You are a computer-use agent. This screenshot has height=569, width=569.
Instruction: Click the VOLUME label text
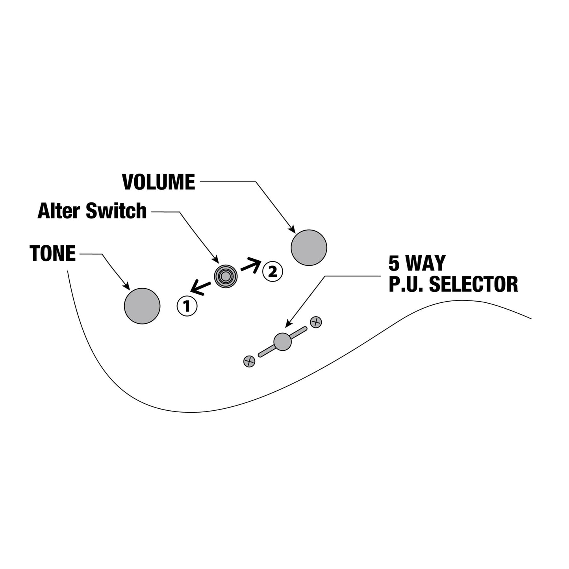pyautogui.click(x=159, y=182)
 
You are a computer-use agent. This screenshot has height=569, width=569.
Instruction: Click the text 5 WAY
pyautogui.click(x=417, y=263)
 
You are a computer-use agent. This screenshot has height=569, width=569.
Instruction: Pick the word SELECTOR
pyautogui.click(x=473, y=284)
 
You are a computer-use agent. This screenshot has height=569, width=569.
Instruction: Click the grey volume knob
pyautogui.click(x=309, y=248)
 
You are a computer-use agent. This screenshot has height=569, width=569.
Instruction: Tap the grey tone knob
pyautogui.click(x=142, y=306)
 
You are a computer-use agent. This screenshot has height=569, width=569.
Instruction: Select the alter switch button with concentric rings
pyautogui.click(x=226, y=276)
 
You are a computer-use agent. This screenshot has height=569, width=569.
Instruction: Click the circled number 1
pyautogui.click(x=187, y=306)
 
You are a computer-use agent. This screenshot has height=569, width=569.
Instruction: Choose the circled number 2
pyautogui.click(x=272, y=271)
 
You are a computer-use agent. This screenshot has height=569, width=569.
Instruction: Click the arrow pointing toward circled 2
pyautogui.click(x=251, y=265)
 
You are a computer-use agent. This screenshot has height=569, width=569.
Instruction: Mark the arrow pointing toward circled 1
pyautogui.click(x=201, y=289)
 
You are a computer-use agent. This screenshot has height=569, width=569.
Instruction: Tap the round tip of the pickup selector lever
pyautogui.click(x=283, y=342)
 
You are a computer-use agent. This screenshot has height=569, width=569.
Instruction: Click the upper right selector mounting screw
pyautogui.click(x=316, y=322)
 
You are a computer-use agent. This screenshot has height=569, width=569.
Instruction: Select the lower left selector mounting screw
pyautogui.click(x=249, y=361)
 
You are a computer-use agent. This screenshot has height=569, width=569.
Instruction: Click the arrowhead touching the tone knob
pyautogui.click(x=127, y=287)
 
